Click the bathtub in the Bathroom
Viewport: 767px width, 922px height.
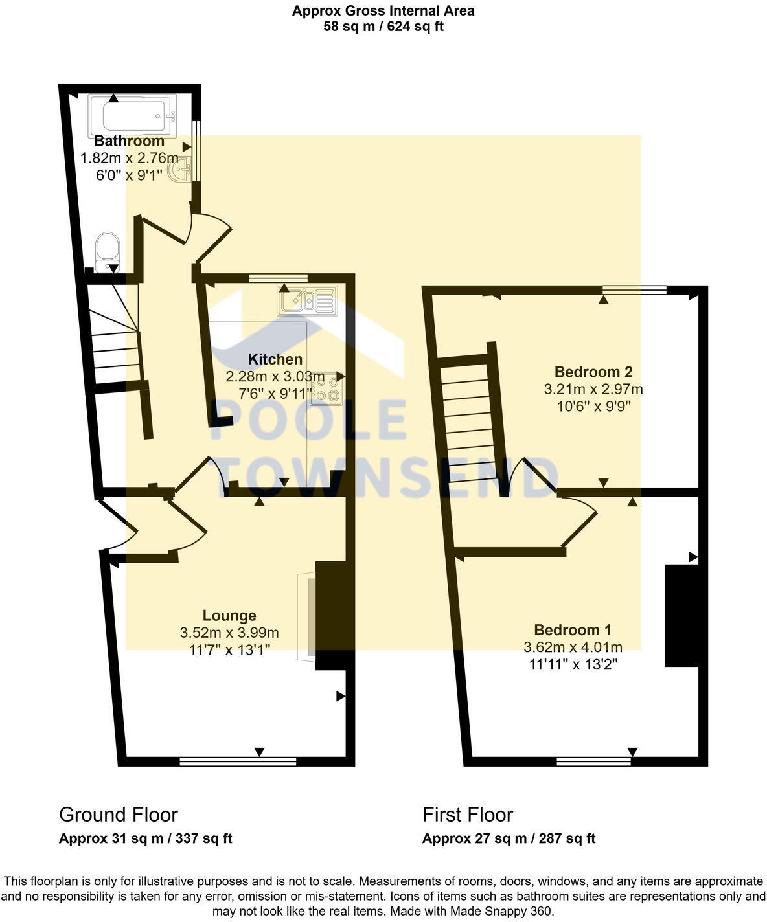pyautogui.click(x=133, y=114)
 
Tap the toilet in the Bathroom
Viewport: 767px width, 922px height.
pyautogui.click(x=107, y=252)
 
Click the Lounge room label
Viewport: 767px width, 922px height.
pyautogui.click(x=229, y=616)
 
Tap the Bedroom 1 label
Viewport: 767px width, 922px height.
pyautogui.click(x=573, y=630)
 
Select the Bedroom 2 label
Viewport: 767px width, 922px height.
pyautogui.click(x=593, y=372)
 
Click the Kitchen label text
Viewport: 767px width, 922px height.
pyautogui.click(x=275, y=359)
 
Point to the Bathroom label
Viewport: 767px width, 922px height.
pyautogui.click(x=130, y=141)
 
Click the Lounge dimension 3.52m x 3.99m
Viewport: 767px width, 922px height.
pyautogui.click(x=229, y=633)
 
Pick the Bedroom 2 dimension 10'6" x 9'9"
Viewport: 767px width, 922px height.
pyautogui.click(x=593, y=407)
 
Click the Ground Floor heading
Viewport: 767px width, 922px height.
pyautogui.click(x=118, y=815)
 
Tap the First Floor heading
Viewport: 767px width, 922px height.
pyautogui.click(x=468, y=815)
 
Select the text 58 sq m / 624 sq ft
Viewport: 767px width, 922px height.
pyautogui.click(x=383, y=27)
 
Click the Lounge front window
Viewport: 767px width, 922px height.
pyautogui.click(x=238, y=761)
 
